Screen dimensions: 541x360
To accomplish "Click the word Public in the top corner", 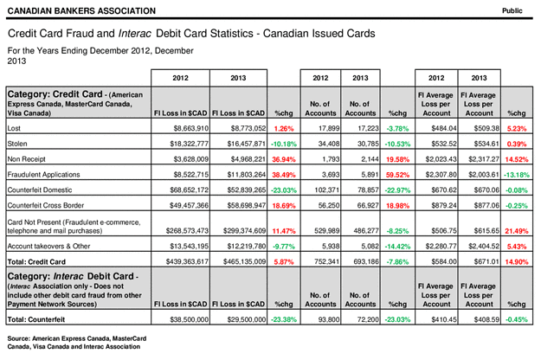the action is pos(512,10).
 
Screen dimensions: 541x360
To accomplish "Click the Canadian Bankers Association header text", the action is pos(81,11).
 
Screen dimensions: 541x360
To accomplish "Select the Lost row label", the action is pos(14,128).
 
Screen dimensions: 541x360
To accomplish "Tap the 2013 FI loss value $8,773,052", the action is pos(248,128).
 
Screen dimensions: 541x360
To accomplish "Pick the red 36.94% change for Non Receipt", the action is pos(284,159).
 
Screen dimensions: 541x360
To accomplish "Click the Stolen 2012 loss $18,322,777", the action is pos(189,144).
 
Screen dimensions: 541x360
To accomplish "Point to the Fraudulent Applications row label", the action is pos(43,175).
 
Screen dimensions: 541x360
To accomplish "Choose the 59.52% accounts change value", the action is pos(397,175).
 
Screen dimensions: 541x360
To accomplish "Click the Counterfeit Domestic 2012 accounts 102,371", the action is pos(325,190).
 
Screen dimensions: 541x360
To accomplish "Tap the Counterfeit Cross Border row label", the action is pos(46,205).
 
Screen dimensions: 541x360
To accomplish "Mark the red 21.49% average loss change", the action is pos(517,231).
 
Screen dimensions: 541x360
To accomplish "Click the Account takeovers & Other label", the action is pos(48,247).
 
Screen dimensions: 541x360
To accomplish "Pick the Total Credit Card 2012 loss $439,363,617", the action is pos(187,261).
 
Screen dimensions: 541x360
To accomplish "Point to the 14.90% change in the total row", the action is pos(517,261).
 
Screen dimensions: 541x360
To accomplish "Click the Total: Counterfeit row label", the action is pos(36,319).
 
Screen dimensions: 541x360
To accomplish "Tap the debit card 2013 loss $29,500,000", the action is pos(247,319).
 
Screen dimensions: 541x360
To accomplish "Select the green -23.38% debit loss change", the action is pos(284,319).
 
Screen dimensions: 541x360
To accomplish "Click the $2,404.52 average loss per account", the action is pos(484,247).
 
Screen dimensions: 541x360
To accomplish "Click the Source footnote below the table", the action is pos(77,343).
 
